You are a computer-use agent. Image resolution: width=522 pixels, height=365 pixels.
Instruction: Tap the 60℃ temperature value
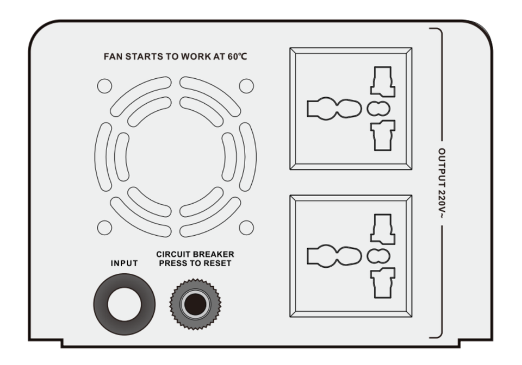(x=238, y=56)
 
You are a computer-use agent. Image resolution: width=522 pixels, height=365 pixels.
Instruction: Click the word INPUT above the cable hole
(x=124, y=263)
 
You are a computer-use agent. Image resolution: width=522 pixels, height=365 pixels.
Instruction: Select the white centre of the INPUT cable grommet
(x=124, y=305)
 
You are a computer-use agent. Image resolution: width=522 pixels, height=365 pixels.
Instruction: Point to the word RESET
(x=217, y=263)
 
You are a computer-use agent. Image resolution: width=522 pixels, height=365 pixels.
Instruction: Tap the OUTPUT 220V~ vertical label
(x=442, y=183)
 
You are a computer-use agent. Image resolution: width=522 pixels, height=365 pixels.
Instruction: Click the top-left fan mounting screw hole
(x=104, y=86)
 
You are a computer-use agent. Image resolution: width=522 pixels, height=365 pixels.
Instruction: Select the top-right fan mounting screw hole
(x=246, y=86)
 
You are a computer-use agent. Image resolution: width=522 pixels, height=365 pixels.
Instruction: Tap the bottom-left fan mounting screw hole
(x=104, y=228)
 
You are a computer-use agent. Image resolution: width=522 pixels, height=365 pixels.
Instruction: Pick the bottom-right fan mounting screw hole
(x=246, y=228)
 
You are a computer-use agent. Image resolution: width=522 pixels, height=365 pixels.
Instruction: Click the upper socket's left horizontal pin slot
(x=334, y=109)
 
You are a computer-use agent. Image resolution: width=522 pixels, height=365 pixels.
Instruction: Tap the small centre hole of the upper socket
(x=378, y=109)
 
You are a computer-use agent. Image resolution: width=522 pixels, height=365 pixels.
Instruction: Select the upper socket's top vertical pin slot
(x=383, y=81)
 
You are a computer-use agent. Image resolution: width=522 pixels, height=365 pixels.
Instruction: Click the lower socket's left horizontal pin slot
(x=334, y=256)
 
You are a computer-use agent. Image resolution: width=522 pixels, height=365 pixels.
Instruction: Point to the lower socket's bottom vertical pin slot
(x=383, y=283)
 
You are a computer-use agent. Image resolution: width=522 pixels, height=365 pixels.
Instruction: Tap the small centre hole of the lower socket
(x=378, y=256)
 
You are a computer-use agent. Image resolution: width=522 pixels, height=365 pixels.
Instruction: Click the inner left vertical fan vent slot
(x=121, y=156)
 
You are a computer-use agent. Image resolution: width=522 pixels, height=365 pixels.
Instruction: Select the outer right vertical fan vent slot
(x=248, y=156)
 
